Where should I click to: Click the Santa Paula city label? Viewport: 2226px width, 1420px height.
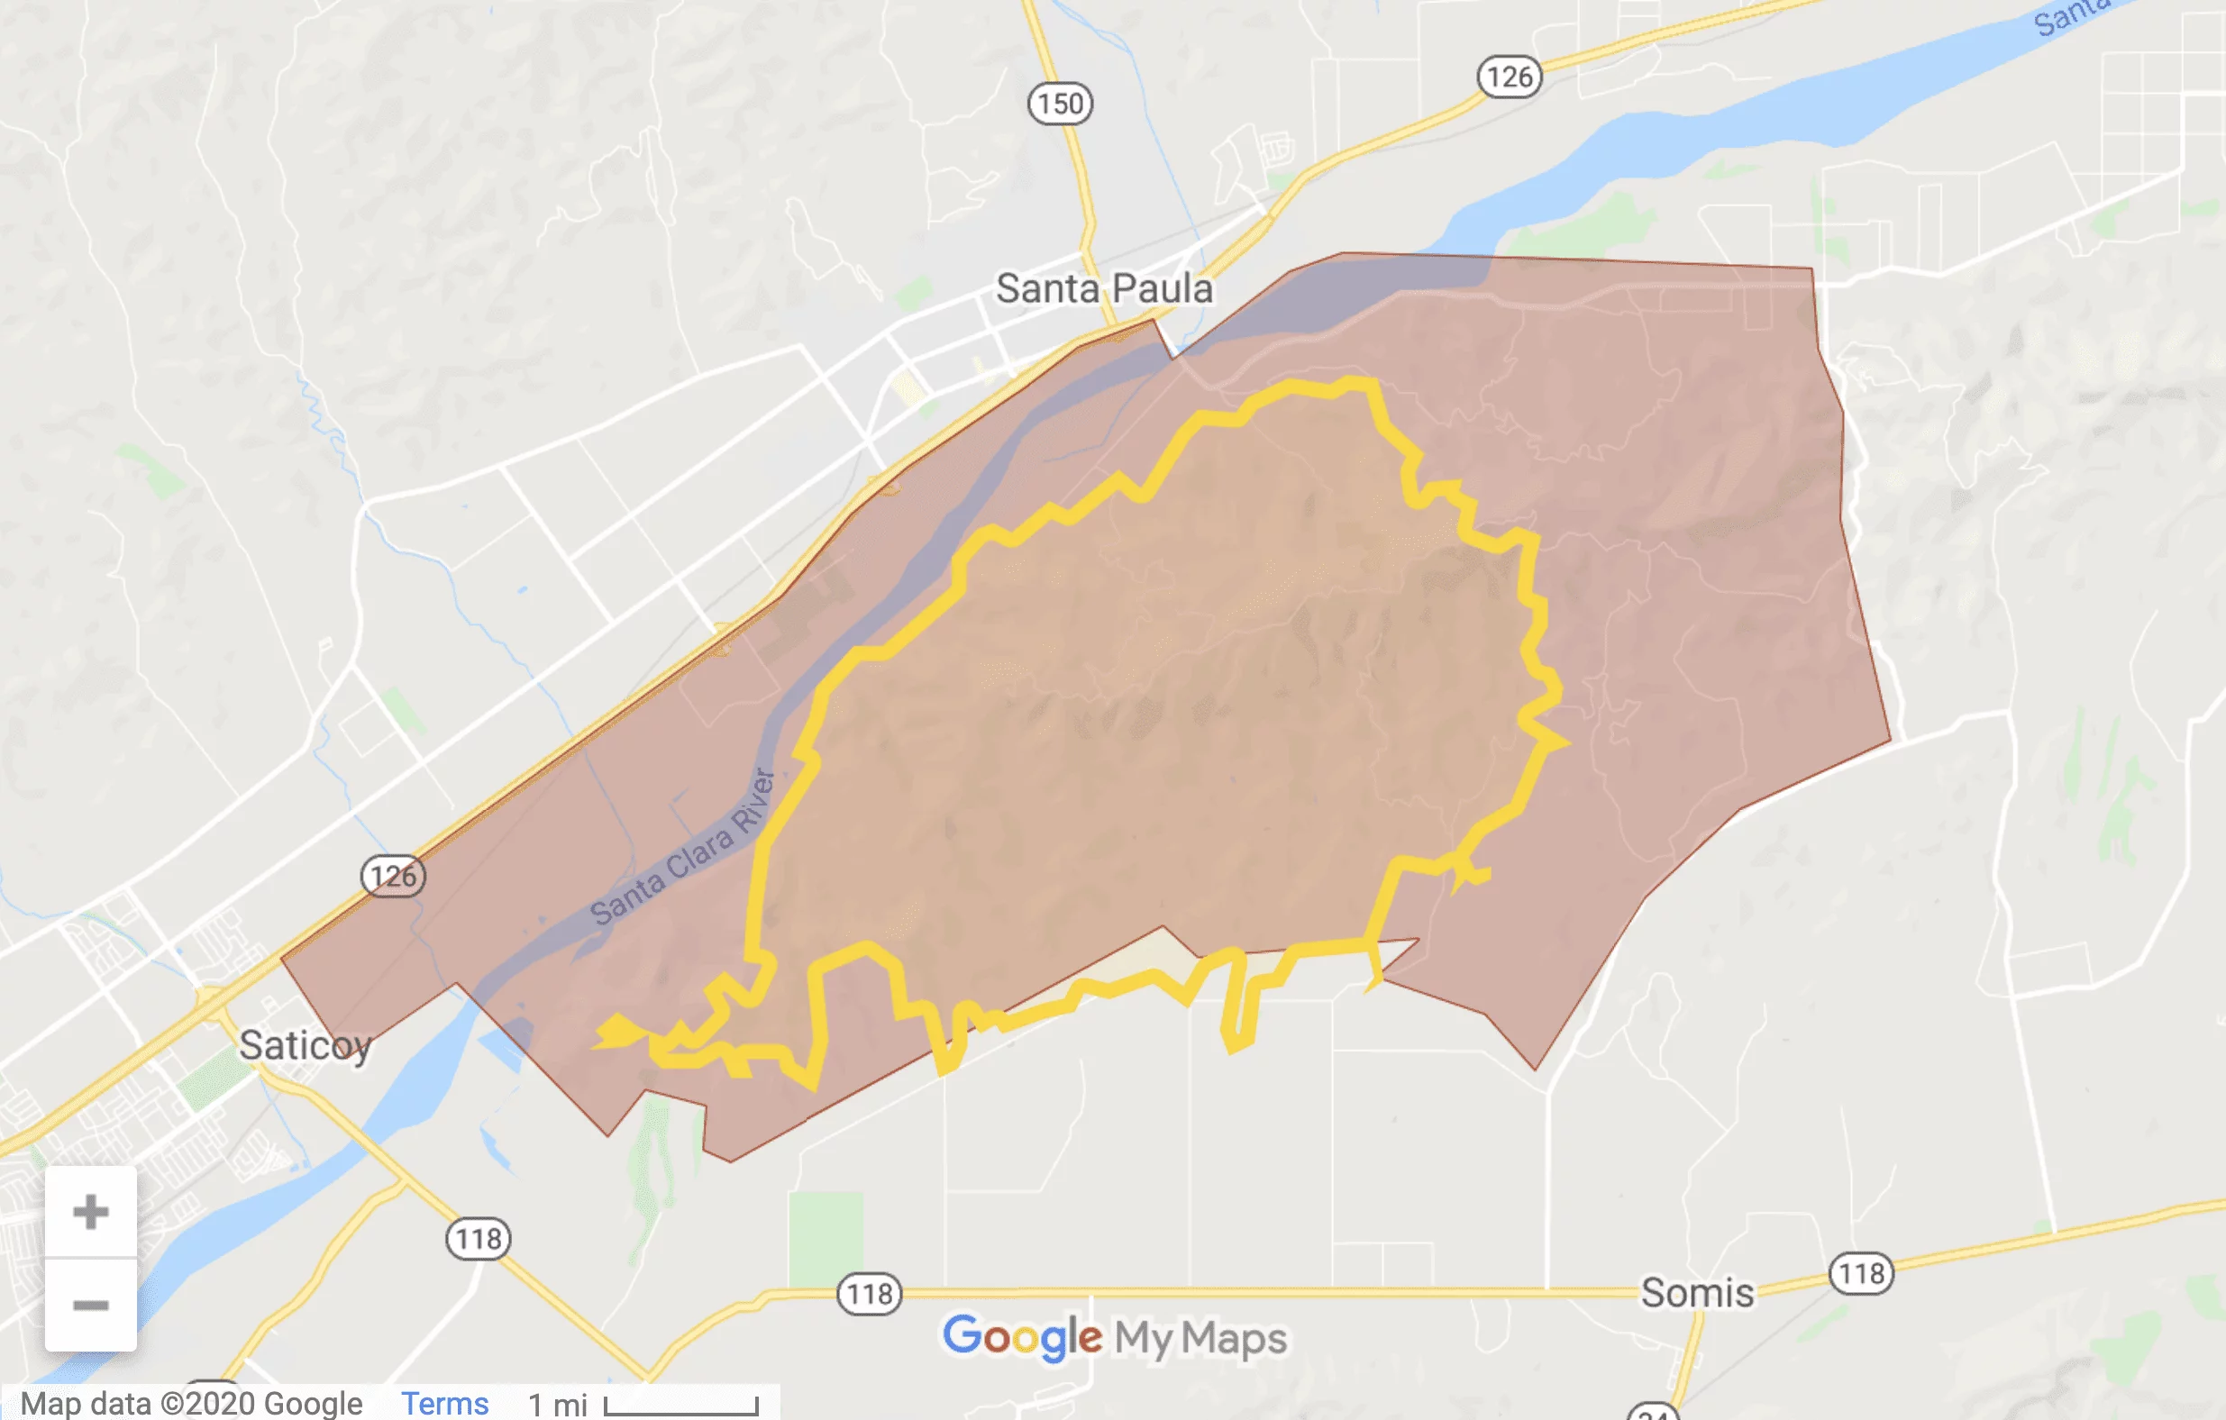pyautogui.click(x=1104, y=288)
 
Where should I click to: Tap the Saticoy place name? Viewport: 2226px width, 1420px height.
pyautogui.click(x=305, y=1045)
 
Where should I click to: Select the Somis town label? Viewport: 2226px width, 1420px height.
pyautogui.click(x=1697, y=1293)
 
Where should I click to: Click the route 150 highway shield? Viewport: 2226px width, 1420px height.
pyautogui.click(x=1061, y=103)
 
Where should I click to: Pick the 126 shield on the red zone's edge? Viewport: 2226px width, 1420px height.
pyautogui.click(x=393, y=876)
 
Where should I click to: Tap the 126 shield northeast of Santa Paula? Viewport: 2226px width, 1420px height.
pyautogui.click(x=1510, y=77)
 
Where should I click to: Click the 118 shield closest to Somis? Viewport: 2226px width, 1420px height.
pyautogui.click(x=1861, y=1274)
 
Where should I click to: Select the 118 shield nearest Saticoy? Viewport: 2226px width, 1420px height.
pyautogui.click(x=478, y=1239)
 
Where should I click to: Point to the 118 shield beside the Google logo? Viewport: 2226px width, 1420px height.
pyautogui.click(x=869, y=1294)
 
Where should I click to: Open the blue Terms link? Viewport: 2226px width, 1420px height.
pyautogui.click(x=444, y=1404)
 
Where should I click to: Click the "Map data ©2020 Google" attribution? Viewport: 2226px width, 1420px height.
pyautogui.click(x=191, y=1404)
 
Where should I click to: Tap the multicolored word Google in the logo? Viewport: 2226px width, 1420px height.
pyautogui.click(x=1022, y=1337)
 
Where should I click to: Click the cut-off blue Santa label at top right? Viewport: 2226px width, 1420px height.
pyautogui.click(x=2071, y=16)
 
